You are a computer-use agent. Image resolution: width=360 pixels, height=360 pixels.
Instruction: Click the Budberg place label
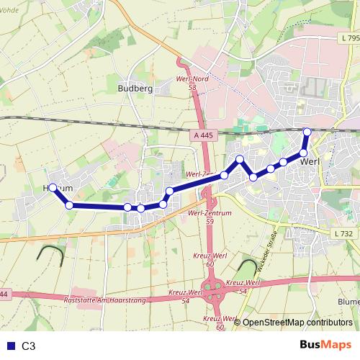pyautogui.click(x=131, y=89)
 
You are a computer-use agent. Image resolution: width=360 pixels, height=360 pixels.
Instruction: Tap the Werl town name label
pyautogui.click(x=310, y=161)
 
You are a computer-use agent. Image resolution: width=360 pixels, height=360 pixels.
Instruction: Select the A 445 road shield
pyautogui.click(x=204, y=134)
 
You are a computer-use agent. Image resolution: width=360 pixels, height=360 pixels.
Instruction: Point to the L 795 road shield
pyautogui.click(x=351, y=37)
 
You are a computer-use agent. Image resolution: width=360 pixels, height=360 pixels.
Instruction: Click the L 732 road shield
pyautogui.click(x=344, y=233)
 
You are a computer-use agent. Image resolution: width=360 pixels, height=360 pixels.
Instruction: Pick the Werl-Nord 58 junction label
pyautogui.click(x=191, y=83)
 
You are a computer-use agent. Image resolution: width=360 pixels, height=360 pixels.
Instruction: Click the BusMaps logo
pyautogui.click(x=325, y=346)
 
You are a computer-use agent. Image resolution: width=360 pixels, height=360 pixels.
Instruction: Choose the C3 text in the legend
pyautogui.click(x=29, y=346)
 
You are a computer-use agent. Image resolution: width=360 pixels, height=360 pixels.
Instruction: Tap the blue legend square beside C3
pyautogui.click(x=9, y=346)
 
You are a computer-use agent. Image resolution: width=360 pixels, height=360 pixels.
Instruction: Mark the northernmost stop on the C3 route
pyautogui.click(x=307, y=131)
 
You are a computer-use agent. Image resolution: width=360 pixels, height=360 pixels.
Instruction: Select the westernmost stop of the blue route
pyautogui.click(x=53, y=187)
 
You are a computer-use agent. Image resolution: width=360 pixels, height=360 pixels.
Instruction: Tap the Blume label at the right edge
pyautogui.click(x=348, y=302)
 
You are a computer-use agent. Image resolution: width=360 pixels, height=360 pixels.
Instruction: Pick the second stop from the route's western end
pyautogui.click(x=69, y=205)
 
